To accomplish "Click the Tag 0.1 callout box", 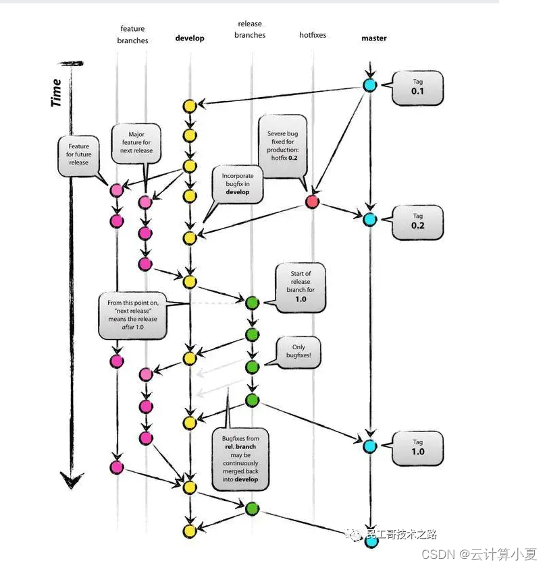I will tap(418, 86).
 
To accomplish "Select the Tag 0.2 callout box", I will tap(418, 221).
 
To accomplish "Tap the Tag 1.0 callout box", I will tap(418, 447).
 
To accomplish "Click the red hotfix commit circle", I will tap(312, 201).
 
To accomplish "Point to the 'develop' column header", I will tap(190, 38).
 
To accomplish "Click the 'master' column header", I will tap(374, 38).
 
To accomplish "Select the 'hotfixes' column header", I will tap(313, 34).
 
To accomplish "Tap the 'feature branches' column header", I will tap(132, 34).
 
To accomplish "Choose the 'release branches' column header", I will tap(250, 30).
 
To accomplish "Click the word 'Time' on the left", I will tap(57, 92).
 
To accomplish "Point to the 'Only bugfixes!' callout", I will tap(298, 351).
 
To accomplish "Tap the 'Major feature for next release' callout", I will tap(136, 143).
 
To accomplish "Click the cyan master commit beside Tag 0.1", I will tap(369, 85).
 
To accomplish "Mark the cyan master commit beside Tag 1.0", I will tap(369, 446).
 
